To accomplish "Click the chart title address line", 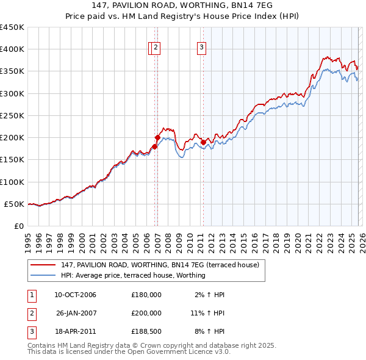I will coord(182,5).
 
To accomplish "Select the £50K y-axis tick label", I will coord(14,204).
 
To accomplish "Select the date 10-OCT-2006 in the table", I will coord(75,295).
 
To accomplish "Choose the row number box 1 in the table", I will coord(31,295).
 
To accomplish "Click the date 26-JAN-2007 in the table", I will coord(75,312).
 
